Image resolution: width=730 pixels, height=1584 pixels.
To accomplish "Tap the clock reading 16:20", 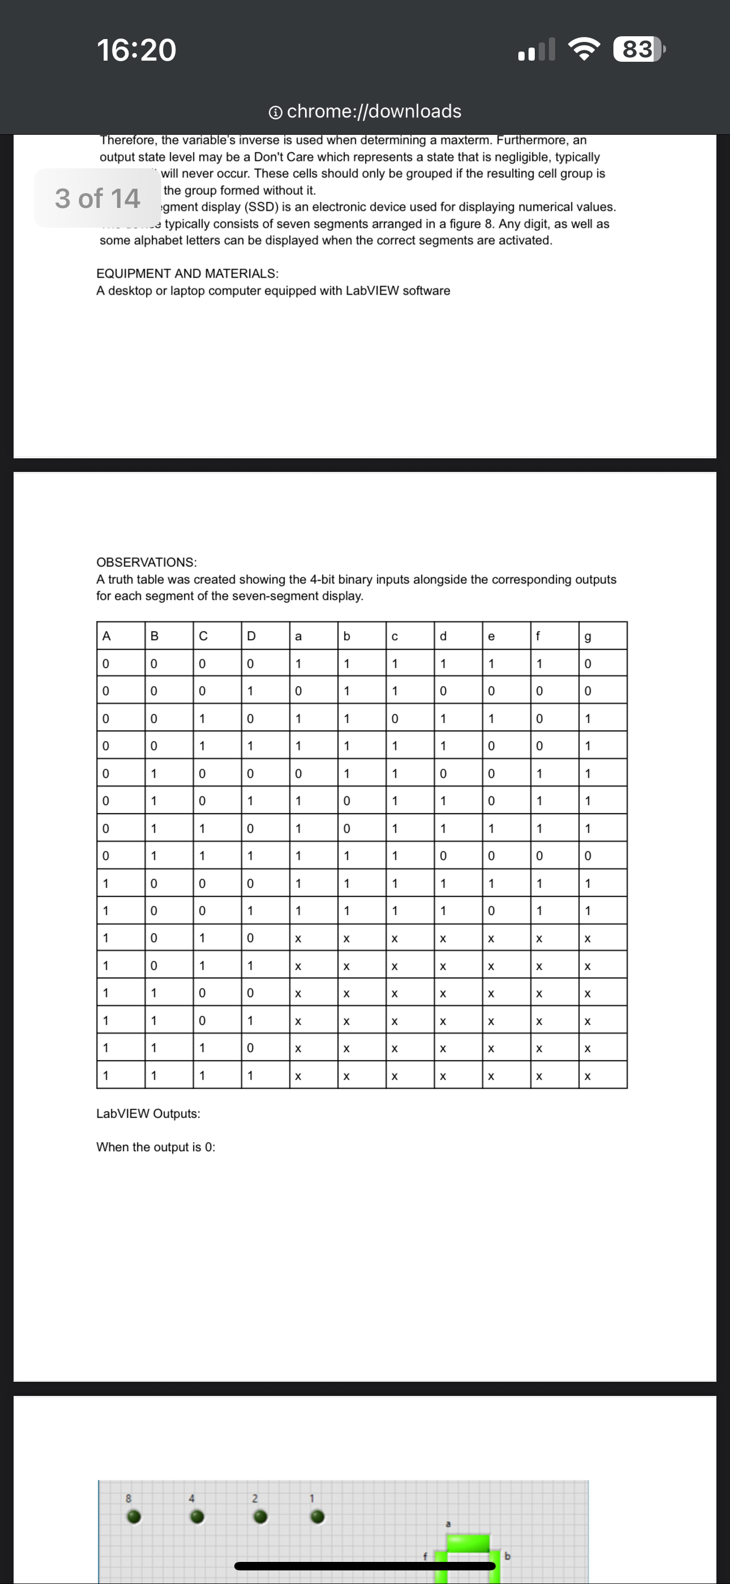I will click(x=136, y=50).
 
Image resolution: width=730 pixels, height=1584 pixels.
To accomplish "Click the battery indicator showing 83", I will click(x=638, y=49).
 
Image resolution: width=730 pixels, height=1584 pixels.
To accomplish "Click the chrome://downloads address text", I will click(x=373, y=111).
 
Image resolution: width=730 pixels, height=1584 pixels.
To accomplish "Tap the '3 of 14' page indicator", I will click(x=98, y=198).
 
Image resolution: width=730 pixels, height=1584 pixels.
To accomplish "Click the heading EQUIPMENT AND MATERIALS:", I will click(x=187, y=273).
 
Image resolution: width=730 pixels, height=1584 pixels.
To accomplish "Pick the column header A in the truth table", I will click(x=106, y=636).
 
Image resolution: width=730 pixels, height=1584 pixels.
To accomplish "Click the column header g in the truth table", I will click(x=587, y=637).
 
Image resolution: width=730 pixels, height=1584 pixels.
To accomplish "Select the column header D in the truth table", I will click(x=251, y=636).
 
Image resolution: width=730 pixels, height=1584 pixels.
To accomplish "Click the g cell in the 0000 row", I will click(x=587, y=664).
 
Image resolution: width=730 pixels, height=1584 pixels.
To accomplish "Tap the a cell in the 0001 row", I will click(x=298, y=691).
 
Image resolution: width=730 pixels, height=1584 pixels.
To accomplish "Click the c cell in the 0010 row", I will click(x=394, y=718).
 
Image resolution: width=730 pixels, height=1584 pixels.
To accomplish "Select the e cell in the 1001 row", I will click(x=491, y=910).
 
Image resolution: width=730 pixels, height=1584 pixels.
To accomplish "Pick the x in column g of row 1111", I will click(x=587, y=1076).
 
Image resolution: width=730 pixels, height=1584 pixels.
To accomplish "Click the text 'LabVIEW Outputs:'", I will click(x=148, y=1114).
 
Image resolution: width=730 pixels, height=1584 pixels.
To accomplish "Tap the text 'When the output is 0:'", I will click(x=156, y=1147).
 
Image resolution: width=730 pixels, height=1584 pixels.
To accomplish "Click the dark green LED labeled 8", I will click(x=134, y=1518).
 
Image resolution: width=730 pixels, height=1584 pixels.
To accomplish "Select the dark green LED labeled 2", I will click(x=260, y=1518).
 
